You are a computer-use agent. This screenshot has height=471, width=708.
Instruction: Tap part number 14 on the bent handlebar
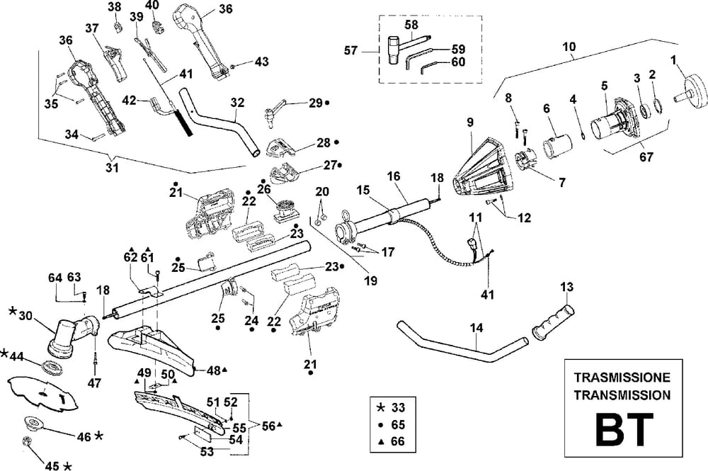pyautogui.click(x=476, y=328)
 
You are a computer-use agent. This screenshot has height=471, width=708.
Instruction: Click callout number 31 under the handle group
pyautogui.click(x=112, y=168)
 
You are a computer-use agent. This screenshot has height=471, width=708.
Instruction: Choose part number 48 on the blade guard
pyautogui.click(x=212, y=370)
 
